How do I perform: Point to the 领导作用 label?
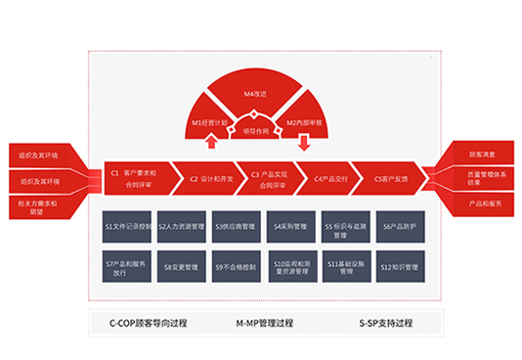tap(257, 129)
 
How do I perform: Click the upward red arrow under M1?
tap(211, 143)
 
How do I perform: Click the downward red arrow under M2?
tap(303, 143)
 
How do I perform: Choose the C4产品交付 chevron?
tap(330, 178)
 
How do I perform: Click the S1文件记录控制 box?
tap(127, 226)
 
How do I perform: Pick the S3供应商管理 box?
tap(238, 226)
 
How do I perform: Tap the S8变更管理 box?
tap(183, 265)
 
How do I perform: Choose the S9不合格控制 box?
tap(238, 265)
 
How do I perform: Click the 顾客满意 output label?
tap(479, 154)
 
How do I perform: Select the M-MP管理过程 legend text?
tap(264, 322)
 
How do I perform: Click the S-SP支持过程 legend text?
tap(388, 322)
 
